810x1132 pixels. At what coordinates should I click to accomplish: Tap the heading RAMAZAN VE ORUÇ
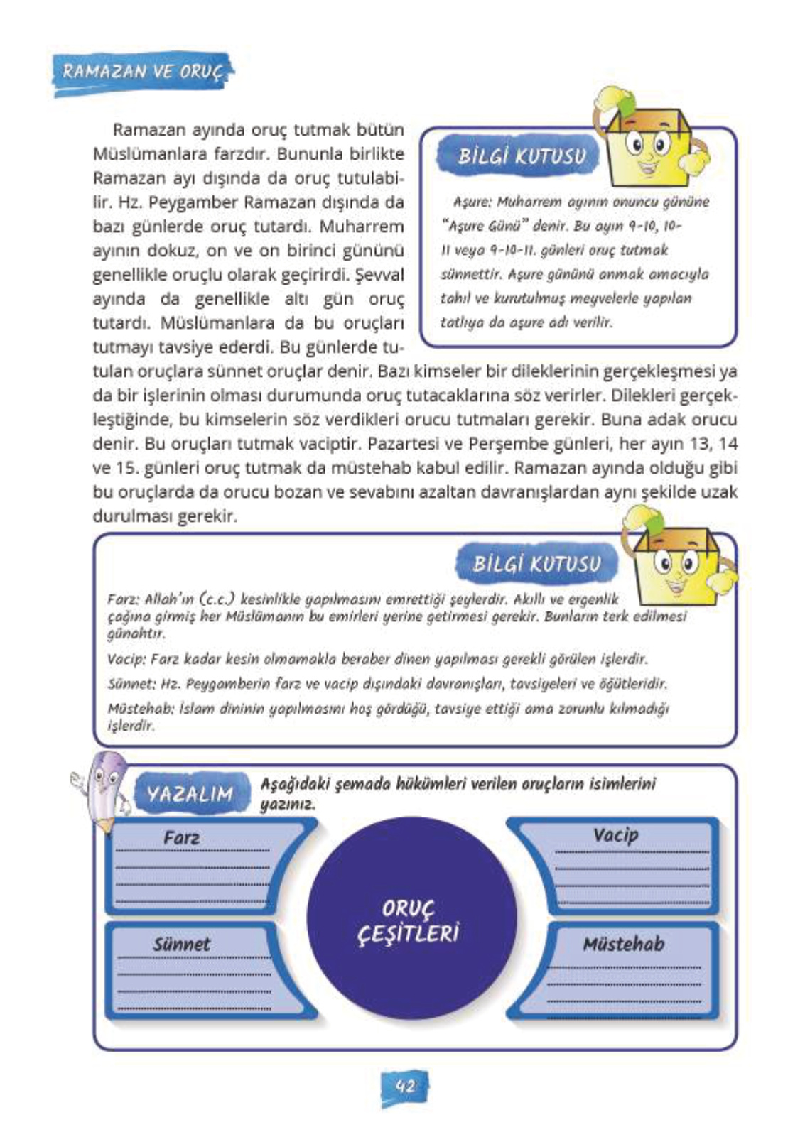pyautogui.click(x=143, y=72)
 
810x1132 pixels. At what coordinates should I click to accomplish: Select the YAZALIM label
pyautogui.click(x=190, y=793)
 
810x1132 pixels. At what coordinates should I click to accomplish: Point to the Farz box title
pyautogui.click(x=181, y=838)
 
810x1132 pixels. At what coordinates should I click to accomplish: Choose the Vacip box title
pyautogui.click(x=615, y=835)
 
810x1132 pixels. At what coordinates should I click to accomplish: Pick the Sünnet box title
pyautogui.click(x=181, y=945)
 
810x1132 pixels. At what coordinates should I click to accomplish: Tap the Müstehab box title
pyautogui.click(x=624, y=944)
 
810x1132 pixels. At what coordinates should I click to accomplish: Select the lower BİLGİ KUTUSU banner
pyautogui.click(x=537, y=565)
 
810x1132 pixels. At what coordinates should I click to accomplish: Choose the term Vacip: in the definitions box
pyautogui.click(x=126, y=659)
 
